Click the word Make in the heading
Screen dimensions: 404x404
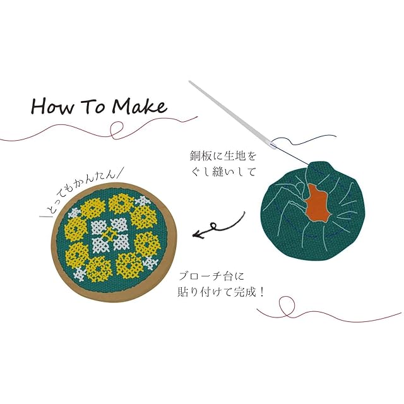pos(139,105)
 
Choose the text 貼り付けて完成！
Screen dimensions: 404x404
pos(219,292)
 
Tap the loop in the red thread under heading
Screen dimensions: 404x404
pos(116,131)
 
